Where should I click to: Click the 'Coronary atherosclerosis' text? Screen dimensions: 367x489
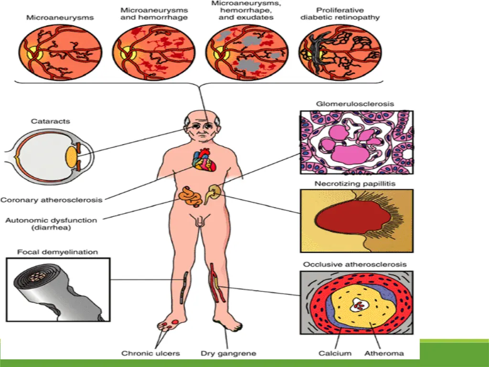(52, 200)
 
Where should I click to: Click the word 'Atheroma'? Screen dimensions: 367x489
(383, 354)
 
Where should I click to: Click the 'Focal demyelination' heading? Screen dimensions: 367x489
(58, 251)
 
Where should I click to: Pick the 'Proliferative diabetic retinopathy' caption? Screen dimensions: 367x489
(340, 13)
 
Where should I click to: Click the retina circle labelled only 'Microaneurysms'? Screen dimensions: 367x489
(60, 52)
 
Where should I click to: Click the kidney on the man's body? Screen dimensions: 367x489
(212, 193)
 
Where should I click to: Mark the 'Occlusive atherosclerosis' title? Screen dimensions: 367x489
(354, 264)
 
